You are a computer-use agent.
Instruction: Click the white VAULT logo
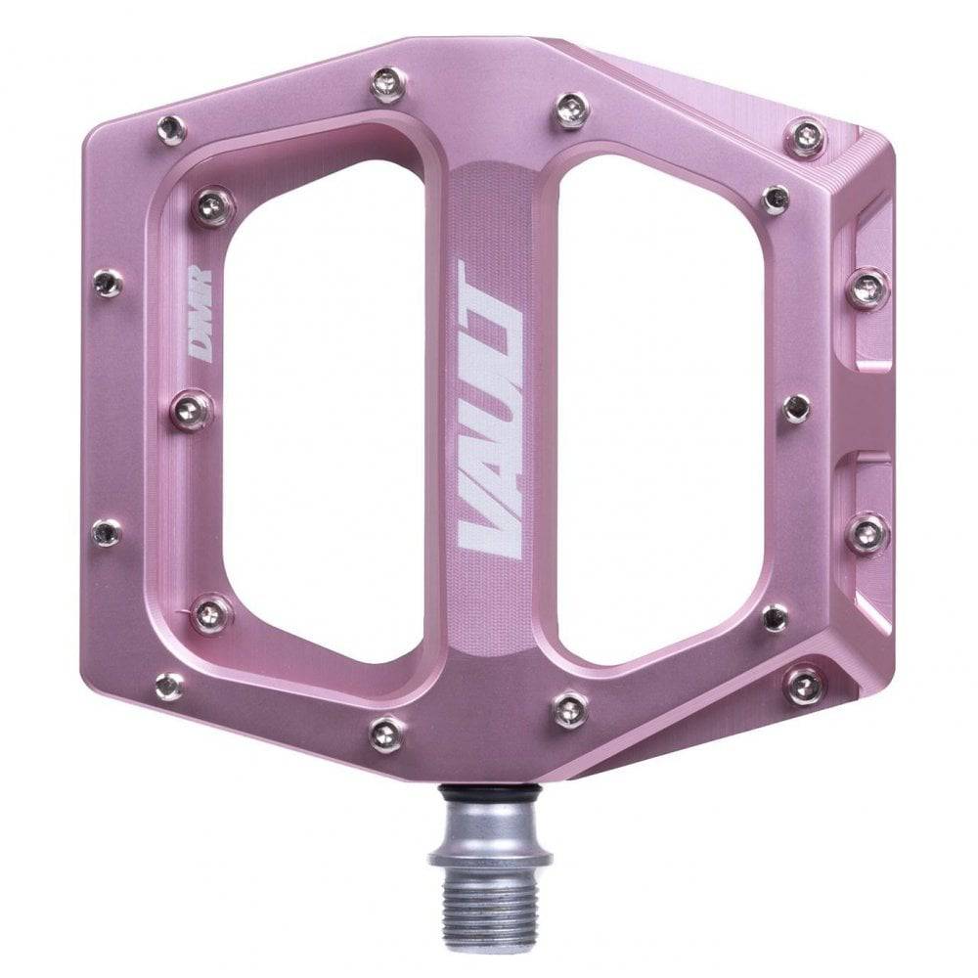(x=489, y=409)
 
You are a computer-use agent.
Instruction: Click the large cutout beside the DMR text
(x=323, y=411)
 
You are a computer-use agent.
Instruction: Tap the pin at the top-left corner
(x=171, y=128)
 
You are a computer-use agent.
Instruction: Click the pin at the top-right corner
(x=807, y=137)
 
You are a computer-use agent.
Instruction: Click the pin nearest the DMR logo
(x=193, y=409)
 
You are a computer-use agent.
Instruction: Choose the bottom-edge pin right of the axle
(x=570, y=709)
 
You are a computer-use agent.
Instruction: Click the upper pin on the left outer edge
(x=108, y=284)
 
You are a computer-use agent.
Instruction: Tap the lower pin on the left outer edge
(x=107, y=532)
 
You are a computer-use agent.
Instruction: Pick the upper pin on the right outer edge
(x=867, y=288)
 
